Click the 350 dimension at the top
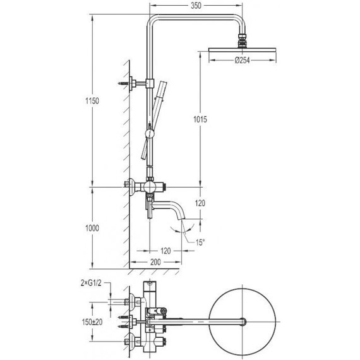click(196, 6)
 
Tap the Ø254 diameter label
click(242, 61)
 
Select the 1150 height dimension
click(92, 101)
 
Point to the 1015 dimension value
click(200, 119)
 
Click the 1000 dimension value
click(92, 228)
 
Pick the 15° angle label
click(200, 243)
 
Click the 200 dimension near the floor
click(155, 262)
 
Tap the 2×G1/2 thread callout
click(91, 283)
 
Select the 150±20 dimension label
click(92, 322)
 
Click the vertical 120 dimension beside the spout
click(200, 203)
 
